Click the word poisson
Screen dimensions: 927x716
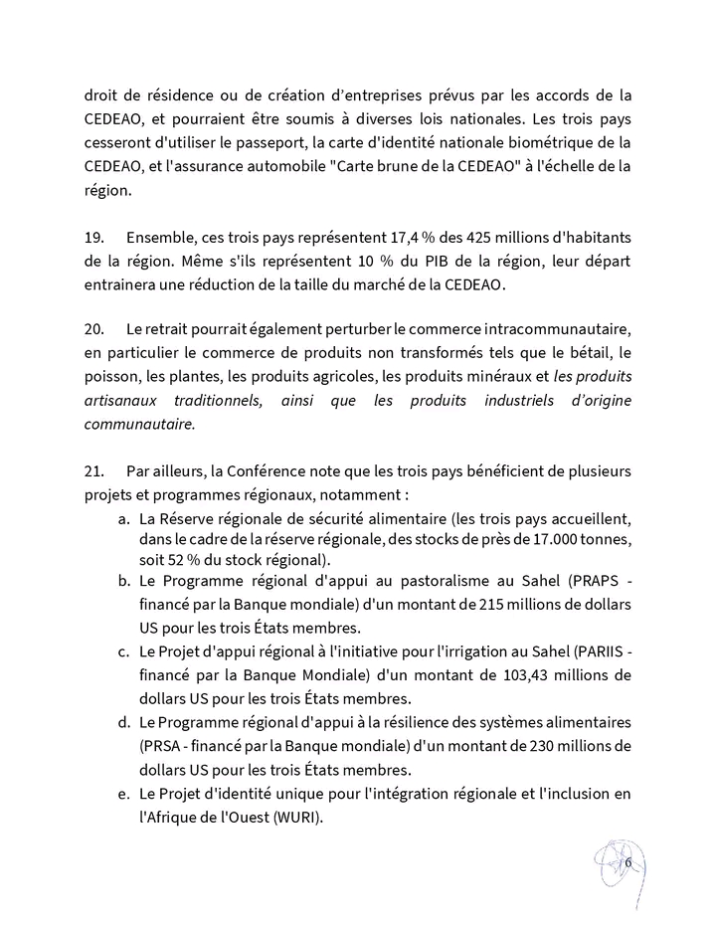[x=109, y=378]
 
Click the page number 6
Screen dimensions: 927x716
[x=628, y=862]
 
